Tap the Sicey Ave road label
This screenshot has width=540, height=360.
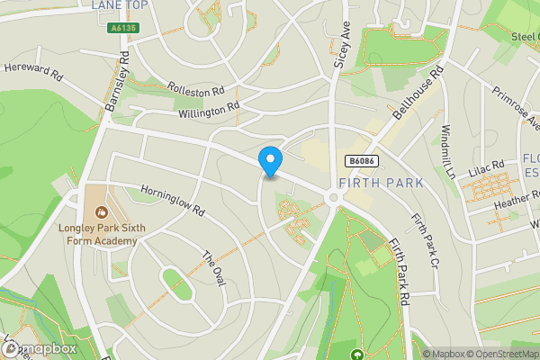(x=343, y=45)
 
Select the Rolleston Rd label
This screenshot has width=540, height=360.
(x=195, y=90)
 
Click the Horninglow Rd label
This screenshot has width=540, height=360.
(x=173, y=201)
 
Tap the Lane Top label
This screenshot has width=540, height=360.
(x=120, y=5)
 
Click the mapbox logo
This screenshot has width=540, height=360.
(x=40, y=348)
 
